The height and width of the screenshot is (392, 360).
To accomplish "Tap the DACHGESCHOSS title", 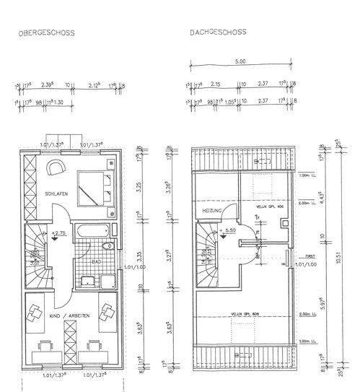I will [x=219, y=32].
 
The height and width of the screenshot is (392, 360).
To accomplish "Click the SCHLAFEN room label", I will [x=56, y=195].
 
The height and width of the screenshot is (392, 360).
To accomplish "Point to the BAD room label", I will [x=96, y=263].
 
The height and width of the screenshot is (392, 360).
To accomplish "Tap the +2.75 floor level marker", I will [x=59, y=233].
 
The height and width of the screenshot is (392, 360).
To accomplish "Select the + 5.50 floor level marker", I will [x=230, y=230].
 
